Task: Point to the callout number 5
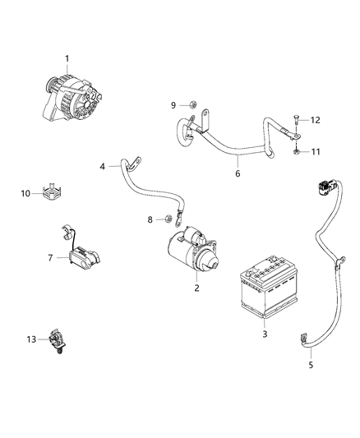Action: pyautogui.click(x=310, y=366)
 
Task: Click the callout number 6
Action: pyautogui.click(x=238, y=173)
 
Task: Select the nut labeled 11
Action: pyautogui.click(x=295, y=152)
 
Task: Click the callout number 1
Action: pyautogui.click(x=68, y=58)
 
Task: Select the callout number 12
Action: pyautogui.click(x=316, y=120)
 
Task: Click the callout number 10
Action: pyautogui.click(x=25, y=193)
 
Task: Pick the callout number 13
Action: pyautogui.click(x=31, y=339)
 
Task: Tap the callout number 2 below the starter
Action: pyautogui.click(x=196, y=288)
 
